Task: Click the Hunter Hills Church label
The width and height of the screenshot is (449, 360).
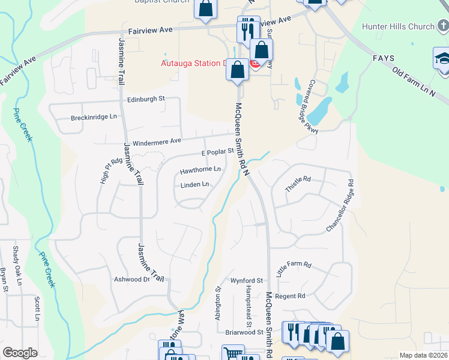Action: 398,26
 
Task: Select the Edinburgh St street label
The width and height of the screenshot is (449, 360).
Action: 145,99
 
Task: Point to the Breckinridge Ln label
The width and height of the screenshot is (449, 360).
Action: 94,117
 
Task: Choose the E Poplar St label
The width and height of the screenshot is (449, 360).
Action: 217,153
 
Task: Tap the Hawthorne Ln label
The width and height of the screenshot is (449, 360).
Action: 200,170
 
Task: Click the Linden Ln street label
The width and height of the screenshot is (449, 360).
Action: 194,185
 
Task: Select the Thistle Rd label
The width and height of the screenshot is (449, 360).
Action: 298,184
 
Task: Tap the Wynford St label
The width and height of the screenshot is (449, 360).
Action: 247,280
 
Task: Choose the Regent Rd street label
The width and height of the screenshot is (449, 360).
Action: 291,296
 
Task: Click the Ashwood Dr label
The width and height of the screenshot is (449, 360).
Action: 131,280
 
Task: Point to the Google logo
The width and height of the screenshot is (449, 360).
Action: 20,353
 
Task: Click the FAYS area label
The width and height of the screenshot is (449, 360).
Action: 383,58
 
